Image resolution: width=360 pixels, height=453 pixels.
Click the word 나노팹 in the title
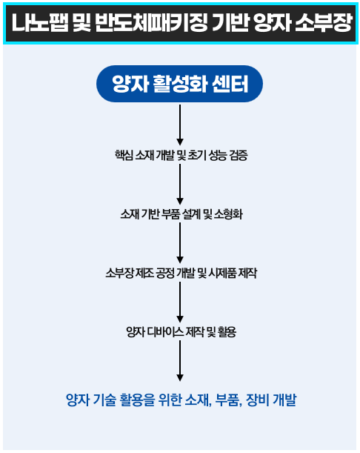tap(40, 23)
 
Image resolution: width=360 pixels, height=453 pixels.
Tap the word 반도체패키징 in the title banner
tap(151, 23)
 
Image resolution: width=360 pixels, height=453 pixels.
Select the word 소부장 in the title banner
tap(324, 23)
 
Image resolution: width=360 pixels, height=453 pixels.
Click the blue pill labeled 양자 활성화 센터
tap(179, 84)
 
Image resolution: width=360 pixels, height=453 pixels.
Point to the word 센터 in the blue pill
tap(230, 84)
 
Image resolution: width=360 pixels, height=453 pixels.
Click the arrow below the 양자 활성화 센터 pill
tap(180, 125)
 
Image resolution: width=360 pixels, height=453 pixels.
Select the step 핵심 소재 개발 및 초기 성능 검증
tap(181, 155)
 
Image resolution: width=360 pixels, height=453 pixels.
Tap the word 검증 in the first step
tap(239, 155)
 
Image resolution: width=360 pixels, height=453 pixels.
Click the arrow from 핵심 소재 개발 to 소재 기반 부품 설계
tap(180, 184)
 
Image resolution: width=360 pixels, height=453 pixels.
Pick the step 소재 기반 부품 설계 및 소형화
tap(181, 214)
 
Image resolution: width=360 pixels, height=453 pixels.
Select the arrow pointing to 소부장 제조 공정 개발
tap(180, 243)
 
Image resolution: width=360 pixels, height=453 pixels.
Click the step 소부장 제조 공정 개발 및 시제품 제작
tap(181, 273)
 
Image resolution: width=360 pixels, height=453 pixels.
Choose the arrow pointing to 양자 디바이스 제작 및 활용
tap(180, 302)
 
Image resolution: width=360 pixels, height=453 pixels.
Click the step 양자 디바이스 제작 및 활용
tap(181, 332)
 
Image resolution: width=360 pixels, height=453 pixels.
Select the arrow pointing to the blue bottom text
tap(180, 361)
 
